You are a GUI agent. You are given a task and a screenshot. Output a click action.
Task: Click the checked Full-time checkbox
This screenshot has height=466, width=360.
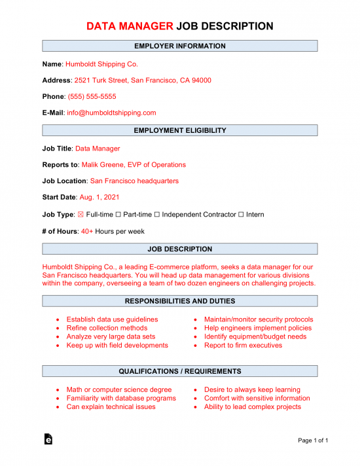click(81, 215)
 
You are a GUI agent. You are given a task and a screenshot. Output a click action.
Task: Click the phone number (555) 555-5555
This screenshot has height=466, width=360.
click(92, 96)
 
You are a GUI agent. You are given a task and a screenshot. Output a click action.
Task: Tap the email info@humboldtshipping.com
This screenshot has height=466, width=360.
click(111, 113)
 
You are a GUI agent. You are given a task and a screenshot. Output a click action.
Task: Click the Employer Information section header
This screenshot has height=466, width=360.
click(180, 46)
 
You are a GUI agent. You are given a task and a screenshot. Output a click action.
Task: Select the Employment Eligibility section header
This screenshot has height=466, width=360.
click(180, 130)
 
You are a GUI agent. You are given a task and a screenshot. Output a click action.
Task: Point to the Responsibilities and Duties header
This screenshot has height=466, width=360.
click(180, 301)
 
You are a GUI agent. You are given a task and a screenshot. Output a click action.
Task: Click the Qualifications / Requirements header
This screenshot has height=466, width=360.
click(180, 371)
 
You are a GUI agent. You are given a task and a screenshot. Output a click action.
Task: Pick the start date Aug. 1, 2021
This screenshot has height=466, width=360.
click(99, 197)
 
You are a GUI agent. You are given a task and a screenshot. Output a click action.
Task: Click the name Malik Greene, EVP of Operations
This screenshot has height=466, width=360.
click(134, 165)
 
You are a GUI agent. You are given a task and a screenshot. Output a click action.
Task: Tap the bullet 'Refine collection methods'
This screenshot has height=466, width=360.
click(107, 328)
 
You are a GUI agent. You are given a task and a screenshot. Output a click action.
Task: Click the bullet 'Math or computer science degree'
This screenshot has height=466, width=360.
click(119, 389)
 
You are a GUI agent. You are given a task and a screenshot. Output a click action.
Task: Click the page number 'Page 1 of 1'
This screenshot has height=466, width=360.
click(313, 440)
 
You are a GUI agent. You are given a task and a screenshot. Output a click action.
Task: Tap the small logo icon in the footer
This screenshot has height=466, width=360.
click(48, 440)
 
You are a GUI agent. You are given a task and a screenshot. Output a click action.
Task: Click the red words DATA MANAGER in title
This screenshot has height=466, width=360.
click(130, 26)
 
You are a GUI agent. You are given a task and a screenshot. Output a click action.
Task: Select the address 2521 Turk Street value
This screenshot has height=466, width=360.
click(142, 81)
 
